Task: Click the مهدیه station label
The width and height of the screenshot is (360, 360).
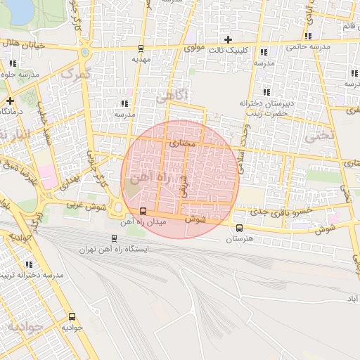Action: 141,60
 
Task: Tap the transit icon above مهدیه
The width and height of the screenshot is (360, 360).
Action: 141,49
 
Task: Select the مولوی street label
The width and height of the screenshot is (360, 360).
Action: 194,49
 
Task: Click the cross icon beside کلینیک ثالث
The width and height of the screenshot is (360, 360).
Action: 227,39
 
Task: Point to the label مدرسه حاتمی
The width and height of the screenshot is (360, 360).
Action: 308,48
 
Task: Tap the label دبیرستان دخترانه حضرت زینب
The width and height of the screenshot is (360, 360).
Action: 264,108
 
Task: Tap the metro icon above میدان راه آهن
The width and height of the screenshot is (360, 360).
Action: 143,212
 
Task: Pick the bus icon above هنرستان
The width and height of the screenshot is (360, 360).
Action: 240,228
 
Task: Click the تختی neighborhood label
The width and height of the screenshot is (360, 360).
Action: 316,138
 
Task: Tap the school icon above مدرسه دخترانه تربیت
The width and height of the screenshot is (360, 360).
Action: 29,264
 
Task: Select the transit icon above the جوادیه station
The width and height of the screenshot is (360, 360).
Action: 72,316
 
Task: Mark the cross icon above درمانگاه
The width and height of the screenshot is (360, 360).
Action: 10,101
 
